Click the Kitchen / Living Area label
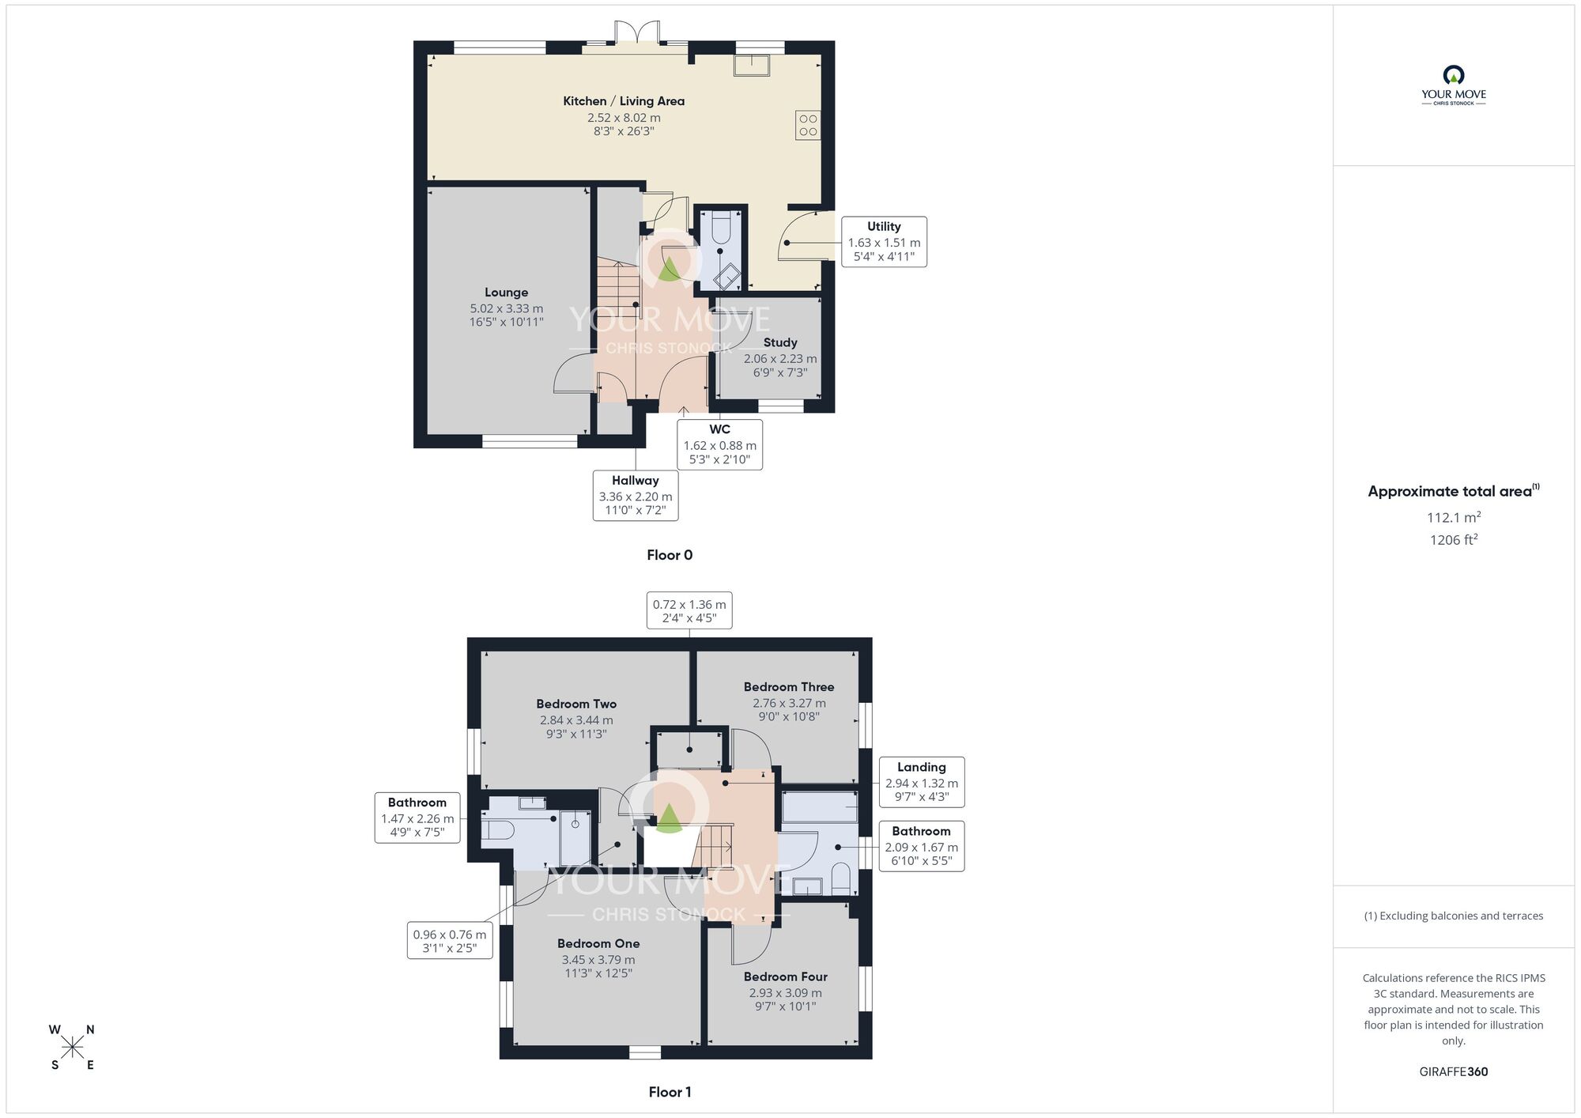click(624, 101)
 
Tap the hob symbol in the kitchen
click(807, 126)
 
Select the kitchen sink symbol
click(751, 65)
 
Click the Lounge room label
click(506, 293)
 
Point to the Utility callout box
click(884, 241)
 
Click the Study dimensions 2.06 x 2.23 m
click(780, 358)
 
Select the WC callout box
click(719, 444)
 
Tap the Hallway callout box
click(636, 495)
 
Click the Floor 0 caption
click(670, 555)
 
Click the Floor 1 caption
click(670, 1092)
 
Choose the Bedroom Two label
click(575, 704)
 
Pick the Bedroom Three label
click(788, 687)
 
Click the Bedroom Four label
click(785, 976)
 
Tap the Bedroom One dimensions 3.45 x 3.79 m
click(598, 960)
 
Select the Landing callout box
click(921, 781)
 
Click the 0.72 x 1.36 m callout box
click(689, 610)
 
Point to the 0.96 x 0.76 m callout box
click(450, 940)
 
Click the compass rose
click(72, 1048)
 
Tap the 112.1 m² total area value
click(1453, 518)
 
